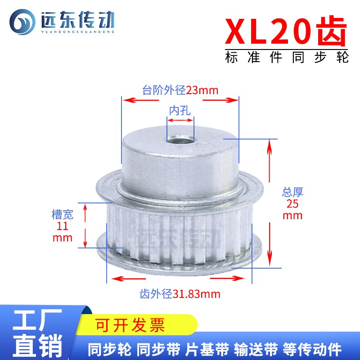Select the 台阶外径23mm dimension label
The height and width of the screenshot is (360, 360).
click(180, 90)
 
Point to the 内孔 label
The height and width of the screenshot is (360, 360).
click(180, 110)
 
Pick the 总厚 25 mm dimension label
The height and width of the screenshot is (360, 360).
click(292, 204)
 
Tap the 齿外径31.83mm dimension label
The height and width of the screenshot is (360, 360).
click(180, 295)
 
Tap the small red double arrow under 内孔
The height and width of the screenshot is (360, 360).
click(180, 120)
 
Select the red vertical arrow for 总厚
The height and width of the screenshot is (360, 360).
click(270, 202)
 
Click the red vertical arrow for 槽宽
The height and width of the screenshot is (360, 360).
click(84, 225)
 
